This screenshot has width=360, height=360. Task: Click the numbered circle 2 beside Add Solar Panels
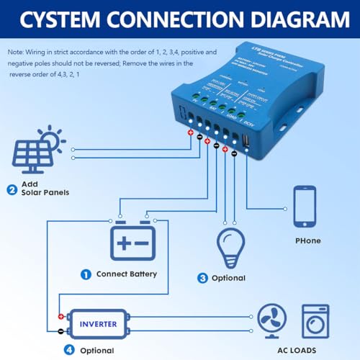pos(12,191)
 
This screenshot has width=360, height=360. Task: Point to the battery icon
pos(132,242)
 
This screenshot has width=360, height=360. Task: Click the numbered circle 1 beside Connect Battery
pos(86,274)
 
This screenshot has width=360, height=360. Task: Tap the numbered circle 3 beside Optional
pos(203,278)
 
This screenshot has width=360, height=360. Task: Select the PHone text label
pos(307,240)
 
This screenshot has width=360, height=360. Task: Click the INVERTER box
pos(98,324)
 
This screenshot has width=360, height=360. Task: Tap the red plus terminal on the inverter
pos(60,317)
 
